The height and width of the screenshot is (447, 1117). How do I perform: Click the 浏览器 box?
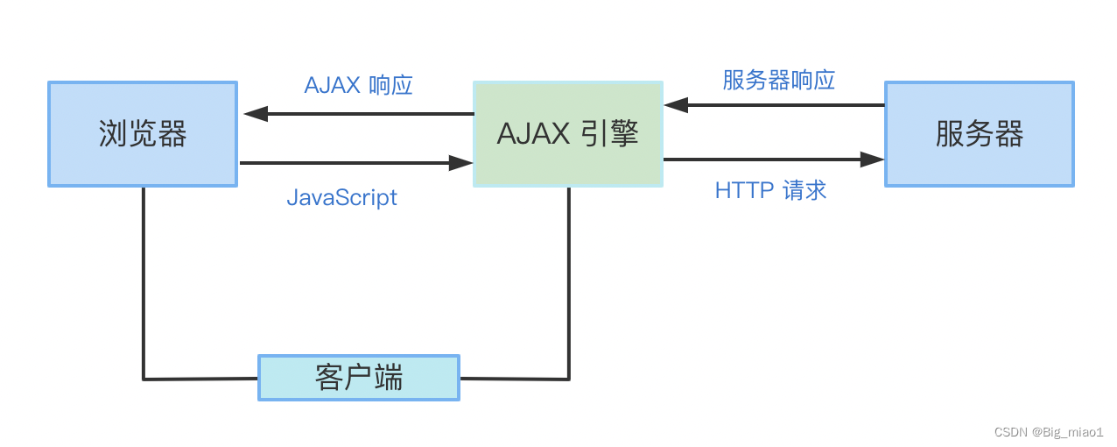click(143, 134)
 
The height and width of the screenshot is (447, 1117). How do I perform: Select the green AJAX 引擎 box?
click(567, 134)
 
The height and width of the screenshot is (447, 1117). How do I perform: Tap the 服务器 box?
click(979, 134)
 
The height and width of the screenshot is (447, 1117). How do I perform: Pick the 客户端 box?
click(358, 378)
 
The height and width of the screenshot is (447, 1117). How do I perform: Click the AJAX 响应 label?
click(358, 85)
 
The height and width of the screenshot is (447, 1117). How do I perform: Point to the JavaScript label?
click(341, 197)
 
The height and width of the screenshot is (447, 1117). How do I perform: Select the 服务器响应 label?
click(778, 80)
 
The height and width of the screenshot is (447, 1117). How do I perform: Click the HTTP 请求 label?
click(770, 190)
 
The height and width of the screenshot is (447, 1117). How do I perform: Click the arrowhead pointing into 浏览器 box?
click(255, 114)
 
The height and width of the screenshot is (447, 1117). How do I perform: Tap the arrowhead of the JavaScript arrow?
click(460, 163)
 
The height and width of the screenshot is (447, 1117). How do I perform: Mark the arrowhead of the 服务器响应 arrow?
click(676, 105)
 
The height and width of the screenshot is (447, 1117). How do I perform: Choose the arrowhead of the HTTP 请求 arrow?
click(872, 160)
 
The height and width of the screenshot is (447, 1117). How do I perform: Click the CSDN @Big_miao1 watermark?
click(1049, 432)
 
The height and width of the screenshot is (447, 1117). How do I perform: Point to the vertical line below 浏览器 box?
click(144, 280)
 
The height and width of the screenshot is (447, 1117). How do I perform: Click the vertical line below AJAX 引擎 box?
click(569, 280)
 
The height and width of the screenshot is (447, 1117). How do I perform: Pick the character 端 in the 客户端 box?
click(388, 378)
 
